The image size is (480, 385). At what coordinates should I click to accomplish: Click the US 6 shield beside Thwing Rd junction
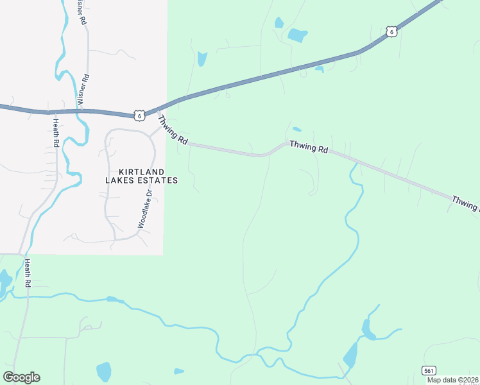click(x=139, y=115)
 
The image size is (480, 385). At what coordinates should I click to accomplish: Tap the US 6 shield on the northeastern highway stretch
click(x=391, y=31)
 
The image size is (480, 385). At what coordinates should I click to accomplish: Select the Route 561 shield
click(x=429, y=370)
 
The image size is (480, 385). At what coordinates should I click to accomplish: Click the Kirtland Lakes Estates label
click(x=141, y=176)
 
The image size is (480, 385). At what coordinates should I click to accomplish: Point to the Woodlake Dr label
click(x=144, y=209)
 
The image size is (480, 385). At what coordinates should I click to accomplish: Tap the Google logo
click(x=21, y=377)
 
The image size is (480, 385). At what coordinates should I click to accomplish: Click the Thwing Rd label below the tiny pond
click(x=309, y=147)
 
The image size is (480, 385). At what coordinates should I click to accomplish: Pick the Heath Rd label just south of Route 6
click(x=56, y=133)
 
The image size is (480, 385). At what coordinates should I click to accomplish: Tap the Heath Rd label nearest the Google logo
click(x=27, y=273)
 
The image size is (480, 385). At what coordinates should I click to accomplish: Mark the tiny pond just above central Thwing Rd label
click(x=296, y=130)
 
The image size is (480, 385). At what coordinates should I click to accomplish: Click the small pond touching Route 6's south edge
click(x=319, y=69)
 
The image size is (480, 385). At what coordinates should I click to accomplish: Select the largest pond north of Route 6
click(x=297, y=35)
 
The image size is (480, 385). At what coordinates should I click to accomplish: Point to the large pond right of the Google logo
click(x=103, y=372)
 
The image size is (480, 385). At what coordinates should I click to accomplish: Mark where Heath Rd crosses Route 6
click(x=51, y=111)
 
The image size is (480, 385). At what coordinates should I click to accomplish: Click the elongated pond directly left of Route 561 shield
click(x=350, y=355)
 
